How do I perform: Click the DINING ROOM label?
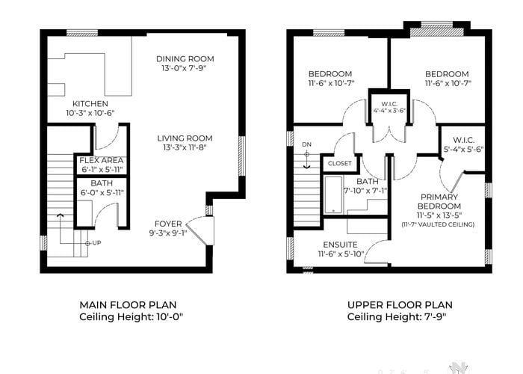(185, 59)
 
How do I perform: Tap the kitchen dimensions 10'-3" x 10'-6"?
(90, 113)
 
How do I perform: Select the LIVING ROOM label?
(185, 138)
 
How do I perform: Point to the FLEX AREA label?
(102, 161)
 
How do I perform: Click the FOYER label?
(168, 224)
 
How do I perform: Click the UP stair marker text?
(96, 243)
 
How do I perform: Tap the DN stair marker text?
(306, 144)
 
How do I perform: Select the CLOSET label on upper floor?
(339, 163)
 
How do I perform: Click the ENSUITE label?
(340, 245)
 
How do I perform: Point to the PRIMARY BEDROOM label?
(439, 201)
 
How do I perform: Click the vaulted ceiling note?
(438, 224)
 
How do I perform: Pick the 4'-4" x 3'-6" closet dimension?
(389, 111)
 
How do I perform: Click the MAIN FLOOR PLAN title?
(128, 305)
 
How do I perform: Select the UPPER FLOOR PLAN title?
(400, 305)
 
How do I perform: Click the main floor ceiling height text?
(131, 316)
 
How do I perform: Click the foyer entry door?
(200, 231)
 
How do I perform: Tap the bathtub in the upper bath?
(333, 195)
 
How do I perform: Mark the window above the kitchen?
(82, 33)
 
